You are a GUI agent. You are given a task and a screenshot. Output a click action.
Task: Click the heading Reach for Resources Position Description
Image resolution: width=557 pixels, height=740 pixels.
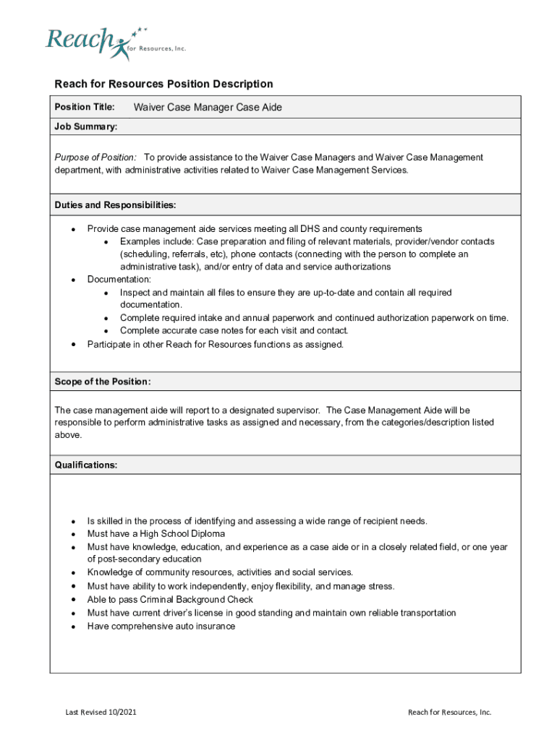tap(163, 85)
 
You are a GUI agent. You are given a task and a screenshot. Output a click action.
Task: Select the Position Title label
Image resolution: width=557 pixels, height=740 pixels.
tap(85, 108)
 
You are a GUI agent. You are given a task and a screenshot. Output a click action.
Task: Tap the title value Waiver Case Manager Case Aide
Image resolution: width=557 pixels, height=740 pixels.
tap(208, 108)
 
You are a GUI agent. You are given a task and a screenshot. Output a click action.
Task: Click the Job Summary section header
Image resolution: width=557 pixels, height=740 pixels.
tap(86, 127)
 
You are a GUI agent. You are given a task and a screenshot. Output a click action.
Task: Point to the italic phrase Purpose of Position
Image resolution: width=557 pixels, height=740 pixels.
tap(95, 158)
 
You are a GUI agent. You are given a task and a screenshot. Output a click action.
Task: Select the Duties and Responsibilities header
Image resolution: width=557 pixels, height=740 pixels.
tap(115, 205)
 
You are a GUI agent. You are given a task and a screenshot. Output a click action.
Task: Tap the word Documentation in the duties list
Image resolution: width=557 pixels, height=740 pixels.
tap(119, 280)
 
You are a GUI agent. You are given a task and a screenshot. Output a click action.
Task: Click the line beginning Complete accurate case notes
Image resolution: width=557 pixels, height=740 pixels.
tap(234, 331)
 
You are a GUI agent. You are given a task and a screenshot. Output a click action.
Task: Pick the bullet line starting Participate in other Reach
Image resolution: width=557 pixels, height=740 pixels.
tap(215, 344)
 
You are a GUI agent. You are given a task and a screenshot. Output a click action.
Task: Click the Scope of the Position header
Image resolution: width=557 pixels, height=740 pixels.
tap(103, 382)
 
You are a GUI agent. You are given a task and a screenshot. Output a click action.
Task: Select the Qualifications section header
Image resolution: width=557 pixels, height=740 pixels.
tap(86, 465)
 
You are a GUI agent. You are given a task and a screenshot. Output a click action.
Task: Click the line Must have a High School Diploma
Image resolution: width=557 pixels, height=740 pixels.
tap(156, 534)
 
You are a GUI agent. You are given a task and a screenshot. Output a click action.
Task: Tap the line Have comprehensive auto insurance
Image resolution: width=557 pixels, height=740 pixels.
tap(161, 627)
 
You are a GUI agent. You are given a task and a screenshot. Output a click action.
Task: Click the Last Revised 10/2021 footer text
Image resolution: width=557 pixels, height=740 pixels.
tap(101, 713)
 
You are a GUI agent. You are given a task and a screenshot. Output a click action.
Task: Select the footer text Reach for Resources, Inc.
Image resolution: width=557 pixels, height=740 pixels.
tap(449, 713)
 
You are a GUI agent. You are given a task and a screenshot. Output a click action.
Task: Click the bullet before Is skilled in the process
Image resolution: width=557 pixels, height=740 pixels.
tap(74, 522)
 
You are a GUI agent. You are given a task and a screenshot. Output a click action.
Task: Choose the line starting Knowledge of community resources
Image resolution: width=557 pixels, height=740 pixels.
tap(220, 572)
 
